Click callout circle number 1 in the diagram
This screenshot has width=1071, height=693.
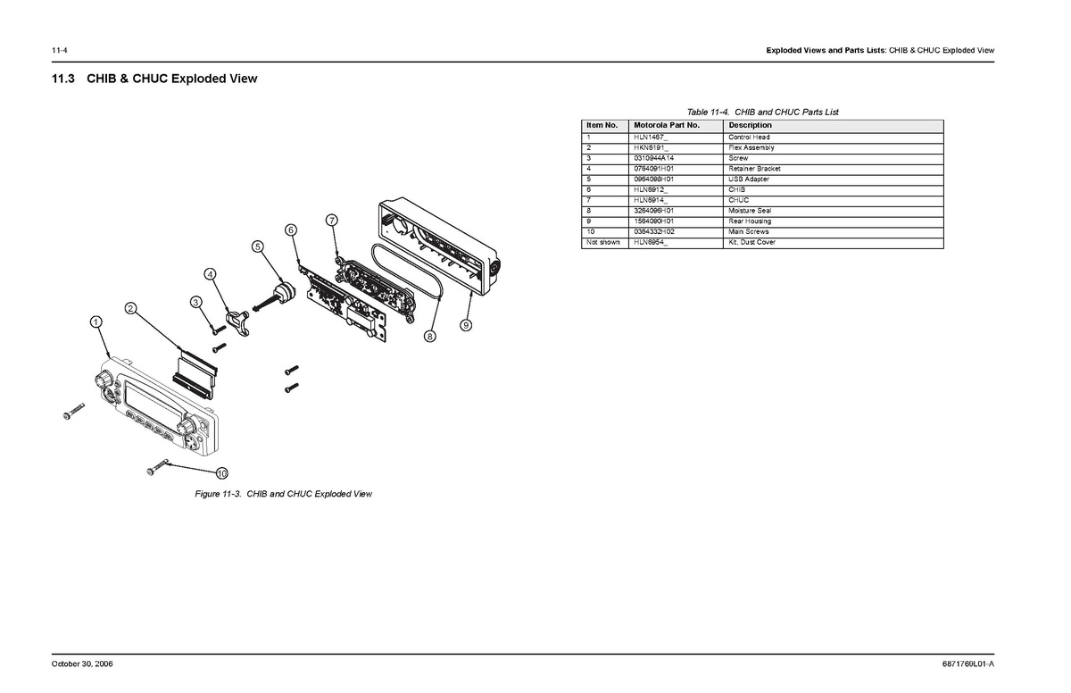(x=95, y=321)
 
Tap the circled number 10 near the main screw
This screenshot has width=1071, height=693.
(x=221, y=472)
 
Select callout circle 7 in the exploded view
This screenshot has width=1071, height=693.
(x=331, y=220)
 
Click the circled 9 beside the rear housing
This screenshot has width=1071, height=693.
(x=465, y=325)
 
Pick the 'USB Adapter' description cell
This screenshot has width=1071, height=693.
(x=748, y=179)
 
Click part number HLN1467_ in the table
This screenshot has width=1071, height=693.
(x=651, y=137)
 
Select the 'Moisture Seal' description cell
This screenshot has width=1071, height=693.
(x=750, y=211)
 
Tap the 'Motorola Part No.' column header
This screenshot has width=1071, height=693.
(x=666, y=125)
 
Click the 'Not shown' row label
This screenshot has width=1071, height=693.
(x=602, y=242)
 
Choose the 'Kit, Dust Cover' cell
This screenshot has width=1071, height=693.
(x=751, y=242)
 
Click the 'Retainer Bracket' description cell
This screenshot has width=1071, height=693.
(x=754, y=168)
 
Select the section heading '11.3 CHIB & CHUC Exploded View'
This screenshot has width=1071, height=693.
(x=154, y=79)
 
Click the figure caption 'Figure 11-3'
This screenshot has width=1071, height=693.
(x=283, y=494)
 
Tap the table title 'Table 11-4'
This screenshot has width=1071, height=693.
(x=762, y=112)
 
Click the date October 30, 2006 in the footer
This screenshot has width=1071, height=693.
(x=81, y=664)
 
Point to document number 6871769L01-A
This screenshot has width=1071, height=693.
(x=967, y=664)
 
